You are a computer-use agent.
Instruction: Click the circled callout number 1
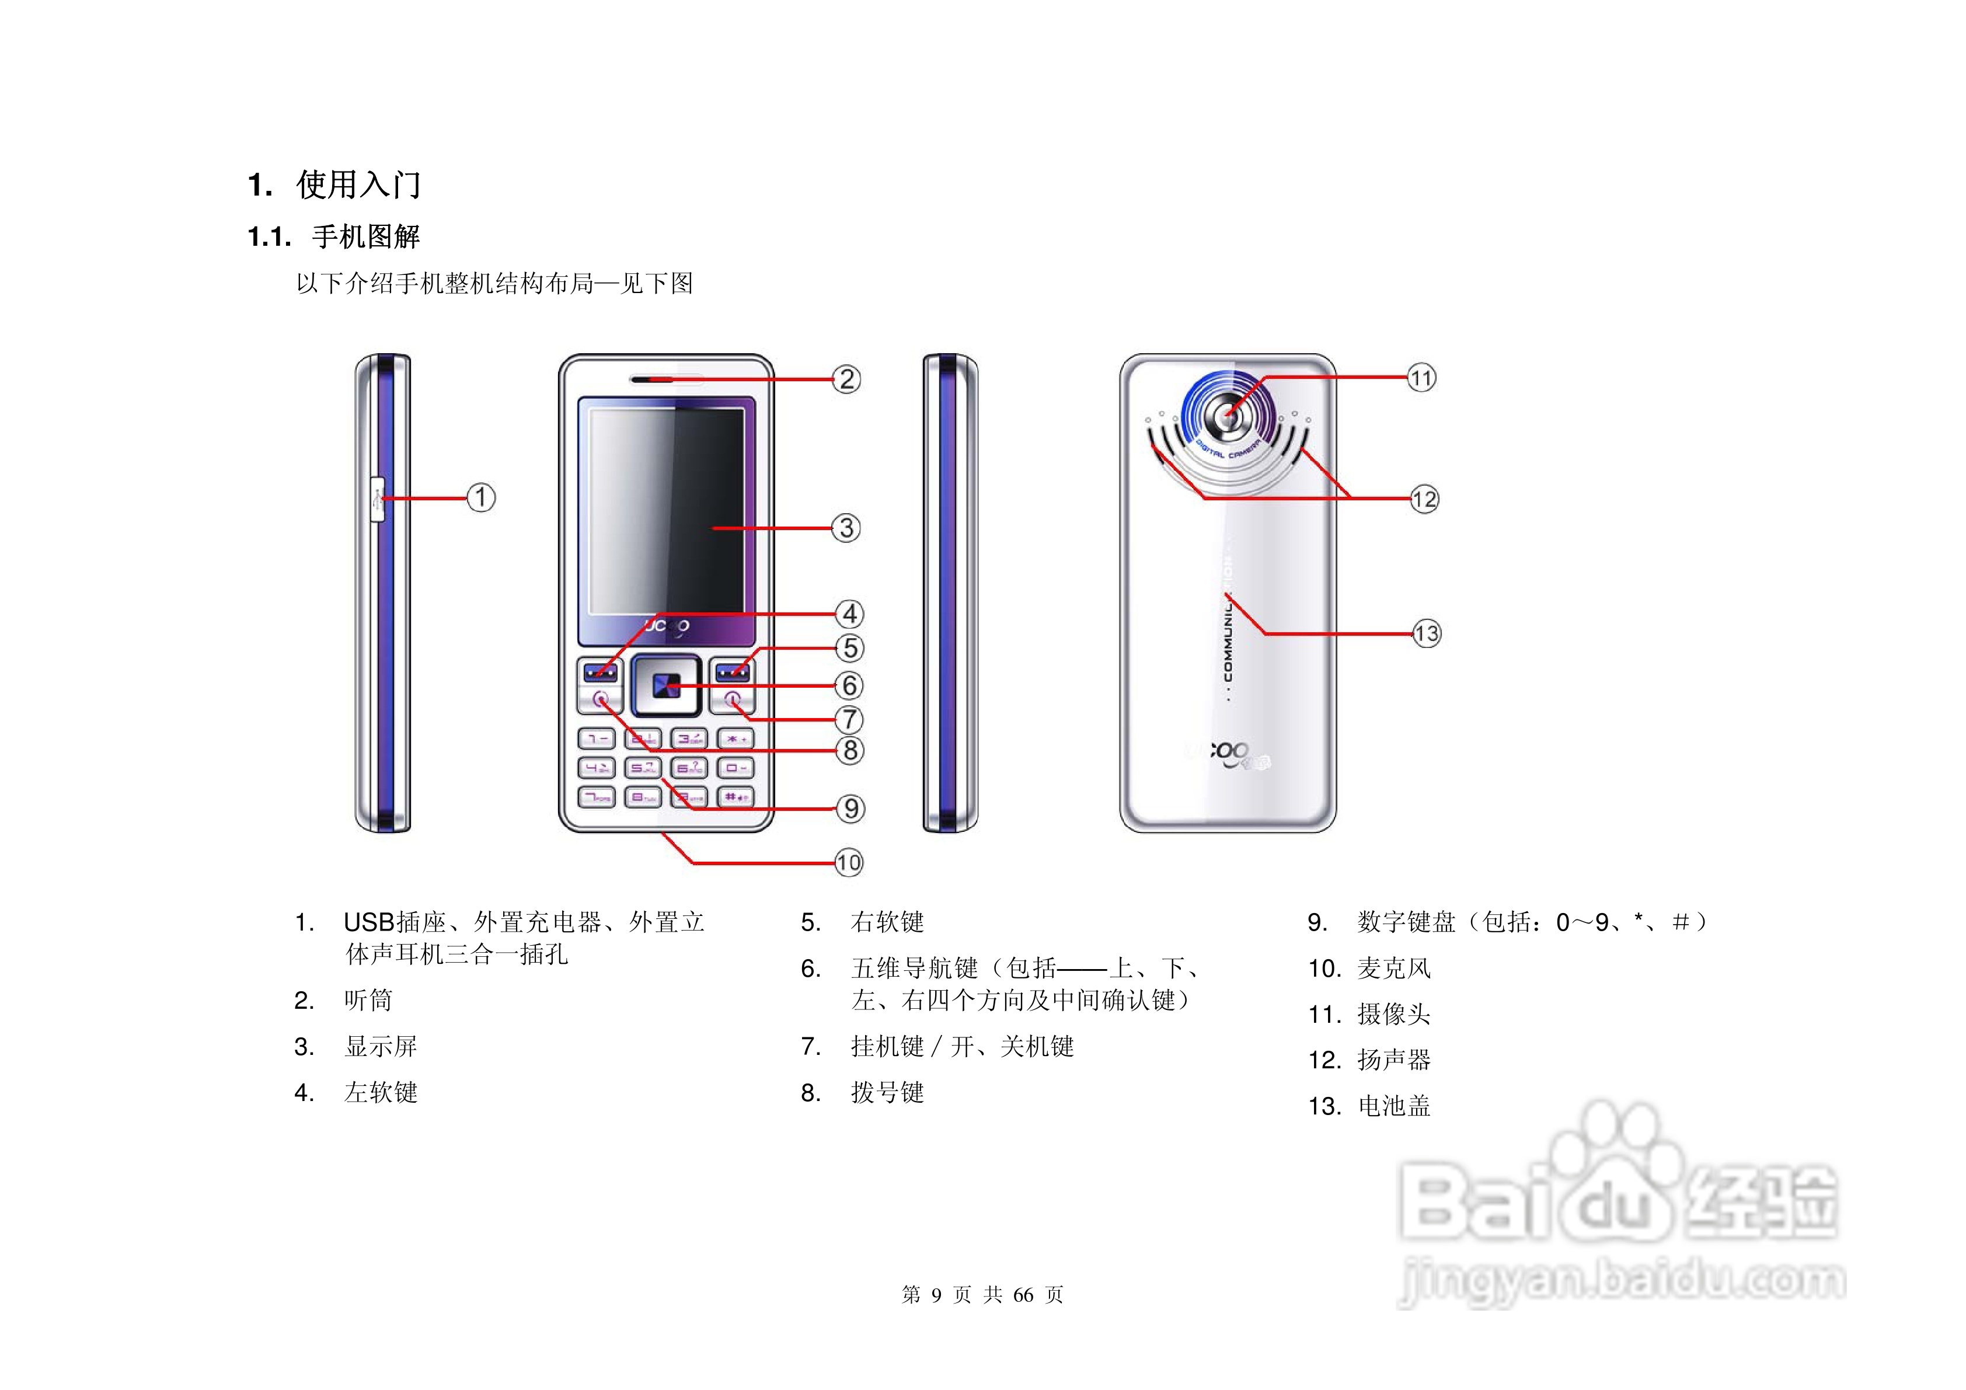point(481,497)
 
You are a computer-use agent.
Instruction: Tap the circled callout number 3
point(846,528)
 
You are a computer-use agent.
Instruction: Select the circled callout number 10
point(849,862)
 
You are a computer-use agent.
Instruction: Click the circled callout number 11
point(1421,378)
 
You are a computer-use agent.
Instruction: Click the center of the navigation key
point(665,686)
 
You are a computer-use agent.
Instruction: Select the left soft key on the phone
point(599,671)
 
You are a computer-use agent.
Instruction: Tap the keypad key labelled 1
point(596,738)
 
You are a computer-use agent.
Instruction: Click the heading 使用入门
point(358,184)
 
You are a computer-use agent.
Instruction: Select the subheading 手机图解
point(365,236)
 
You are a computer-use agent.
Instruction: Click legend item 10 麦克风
point(1393,969)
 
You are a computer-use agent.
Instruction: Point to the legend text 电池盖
point(1394,1106)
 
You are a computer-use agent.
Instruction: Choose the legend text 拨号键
point(887,1093)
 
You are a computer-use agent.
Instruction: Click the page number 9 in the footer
point(936,1295)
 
